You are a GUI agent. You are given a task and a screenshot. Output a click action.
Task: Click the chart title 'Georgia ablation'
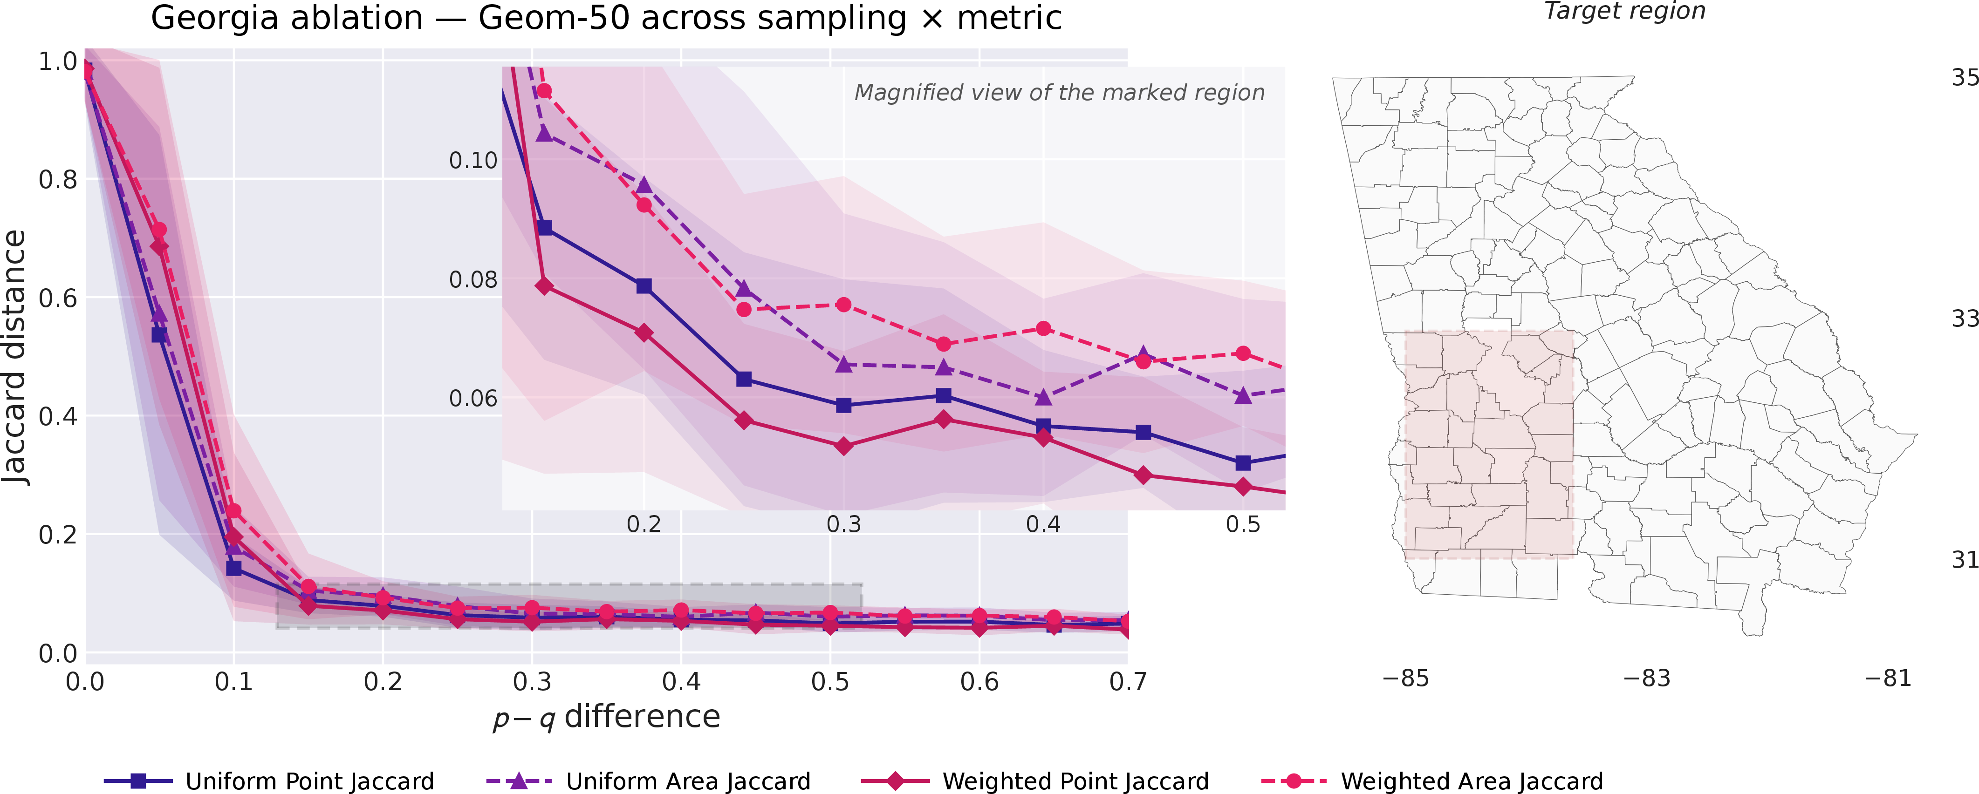point(287,18)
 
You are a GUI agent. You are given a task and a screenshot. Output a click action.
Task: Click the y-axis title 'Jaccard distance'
point(15,357)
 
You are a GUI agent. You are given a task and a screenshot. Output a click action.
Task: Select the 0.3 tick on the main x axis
point(532,681)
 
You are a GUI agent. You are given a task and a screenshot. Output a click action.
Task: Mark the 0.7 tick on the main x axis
point(1128,681)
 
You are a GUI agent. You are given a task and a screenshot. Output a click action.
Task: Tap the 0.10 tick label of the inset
point(473,161)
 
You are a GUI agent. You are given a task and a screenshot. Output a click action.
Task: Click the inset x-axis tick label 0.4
point(1043,524)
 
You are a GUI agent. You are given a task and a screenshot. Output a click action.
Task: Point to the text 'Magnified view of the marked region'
point(1060,93)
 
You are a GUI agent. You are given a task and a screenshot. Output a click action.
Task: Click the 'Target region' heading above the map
point(1625,11)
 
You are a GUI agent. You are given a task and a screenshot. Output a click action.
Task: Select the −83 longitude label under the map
point(1646,678)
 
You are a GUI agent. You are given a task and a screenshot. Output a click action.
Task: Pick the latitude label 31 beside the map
point(1965,560)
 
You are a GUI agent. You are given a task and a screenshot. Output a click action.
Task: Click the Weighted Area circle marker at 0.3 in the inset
point(843,305)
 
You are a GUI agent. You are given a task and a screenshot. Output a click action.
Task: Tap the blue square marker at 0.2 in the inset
point(644,285)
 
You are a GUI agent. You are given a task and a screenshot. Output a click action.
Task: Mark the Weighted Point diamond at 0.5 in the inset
point(1243,487)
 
